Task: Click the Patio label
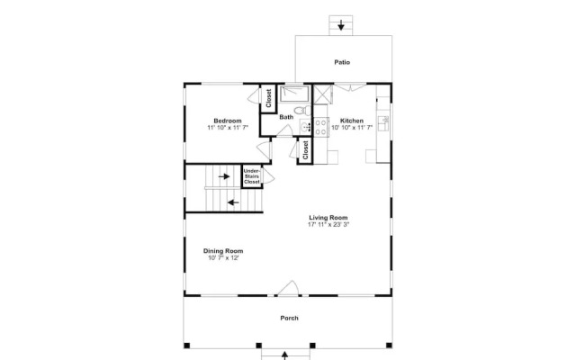342,62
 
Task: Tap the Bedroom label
228,121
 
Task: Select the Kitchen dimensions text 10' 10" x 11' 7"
352,128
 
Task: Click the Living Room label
328,218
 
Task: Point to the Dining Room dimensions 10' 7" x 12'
223,258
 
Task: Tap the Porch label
290,318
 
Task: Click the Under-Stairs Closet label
252,176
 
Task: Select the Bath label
286,117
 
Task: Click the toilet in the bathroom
302,110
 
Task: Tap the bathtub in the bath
295,94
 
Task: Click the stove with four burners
320,127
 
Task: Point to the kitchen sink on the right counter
383,122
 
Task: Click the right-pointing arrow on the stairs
224,176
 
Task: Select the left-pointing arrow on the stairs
233,202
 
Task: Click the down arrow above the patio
341,25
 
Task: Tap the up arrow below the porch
284,355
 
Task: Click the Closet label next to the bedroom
268,98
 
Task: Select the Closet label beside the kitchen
305,150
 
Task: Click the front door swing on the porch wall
288,288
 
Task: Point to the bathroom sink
305,127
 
